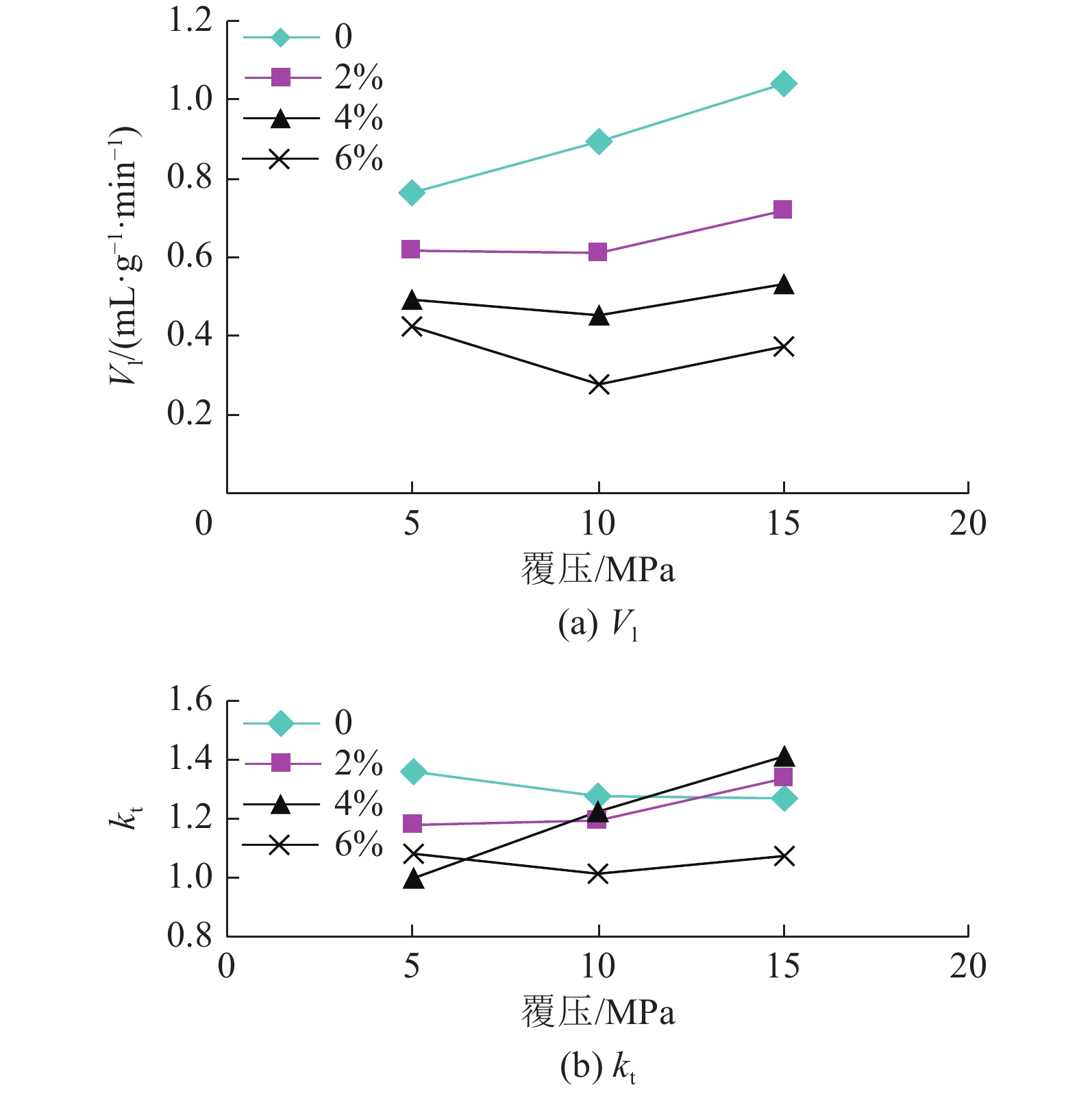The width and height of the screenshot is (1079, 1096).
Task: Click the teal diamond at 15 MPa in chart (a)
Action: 783,84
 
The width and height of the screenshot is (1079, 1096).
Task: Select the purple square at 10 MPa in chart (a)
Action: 597,252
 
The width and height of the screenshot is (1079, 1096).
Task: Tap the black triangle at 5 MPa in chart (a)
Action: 412,300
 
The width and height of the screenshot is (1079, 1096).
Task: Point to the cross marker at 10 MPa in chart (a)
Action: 599,385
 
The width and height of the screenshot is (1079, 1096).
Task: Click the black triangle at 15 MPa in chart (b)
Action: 784,757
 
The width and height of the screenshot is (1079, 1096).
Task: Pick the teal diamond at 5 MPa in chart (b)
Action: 413,772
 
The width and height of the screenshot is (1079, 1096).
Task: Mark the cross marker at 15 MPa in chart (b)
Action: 784,856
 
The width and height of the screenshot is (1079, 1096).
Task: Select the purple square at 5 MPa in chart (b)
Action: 412,823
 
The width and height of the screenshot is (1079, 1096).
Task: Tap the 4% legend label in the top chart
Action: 358,119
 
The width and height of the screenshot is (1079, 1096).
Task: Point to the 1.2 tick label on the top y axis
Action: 190,21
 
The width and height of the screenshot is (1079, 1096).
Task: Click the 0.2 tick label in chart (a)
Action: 190,414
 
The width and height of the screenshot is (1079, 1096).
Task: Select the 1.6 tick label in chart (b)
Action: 190,701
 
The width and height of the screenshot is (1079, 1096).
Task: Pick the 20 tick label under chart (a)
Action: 967,524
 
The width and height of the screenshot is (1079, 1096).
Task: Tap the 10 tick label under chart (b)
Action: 598,966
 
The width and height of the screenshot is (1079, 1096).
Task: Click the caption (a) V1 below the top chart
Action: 598,624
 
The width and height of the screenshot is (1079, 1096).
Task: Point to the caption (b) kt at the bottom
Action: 598,1067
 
